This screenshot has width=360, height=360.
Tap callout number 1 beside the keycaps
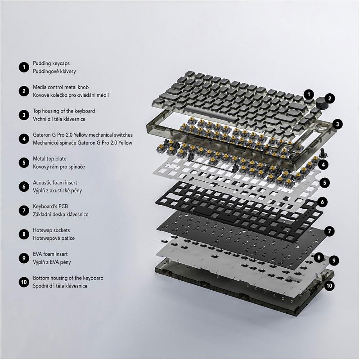tap(309, 94)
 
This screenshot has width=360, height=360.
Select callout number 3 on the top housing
tap(337, 124)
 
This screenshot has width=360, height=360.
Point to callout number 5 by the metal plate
tap(324, 183)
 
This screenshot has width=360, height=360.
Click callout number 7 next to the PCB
tap(329, 231)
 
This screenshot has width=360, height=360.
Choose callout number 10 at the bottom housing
tap(329, 286)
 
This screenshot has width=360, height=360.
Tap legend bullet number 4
tap(24, 139)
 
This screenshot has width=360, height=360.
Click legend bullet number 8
tap(24, 234)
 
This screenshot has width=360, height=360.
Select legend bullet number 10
tap(24, 282)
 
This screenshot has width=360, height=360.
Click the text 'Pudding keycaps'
tap(51, 63)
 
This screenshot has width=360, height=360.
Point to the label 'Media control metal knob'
tap(61, 87)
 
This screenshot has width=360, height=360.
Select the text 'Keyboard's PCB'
tap(50, 207)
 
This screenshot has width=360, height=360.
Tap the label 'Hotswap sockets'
tap(51, 230)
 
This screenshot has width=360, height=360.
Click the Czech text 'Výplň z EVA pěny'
tap(52, 262)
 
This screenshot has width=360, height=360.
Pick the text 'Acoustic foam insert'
tap(55, 183)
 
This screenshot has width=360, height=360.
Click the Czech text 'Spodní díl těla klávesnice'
tap(60, 286)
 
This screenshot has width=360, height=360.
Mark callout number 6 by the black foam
tap(323, 202)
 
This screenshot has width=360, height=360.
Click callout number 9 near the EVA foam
tap(334, 261)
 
